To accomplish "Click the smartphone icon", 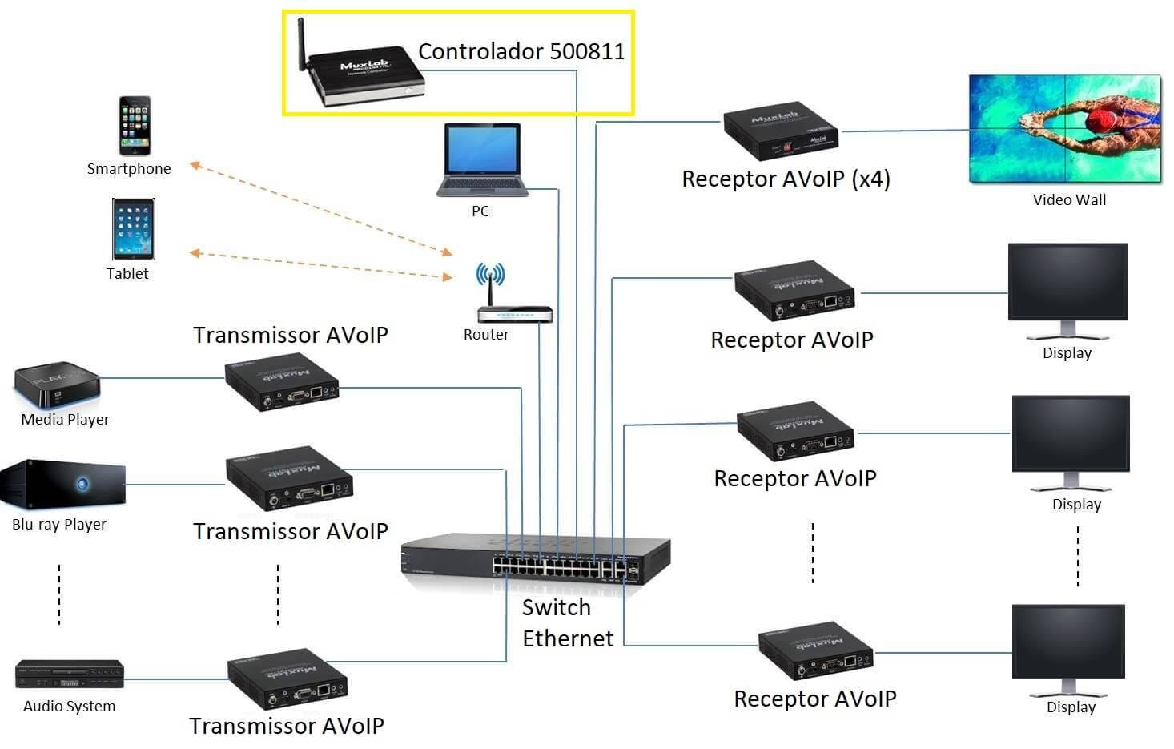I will click(x=135, y=126).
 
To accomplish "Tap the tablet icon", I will click(x=133, y=229).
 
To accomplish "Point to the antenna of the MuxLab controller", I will click(x=301, y=43).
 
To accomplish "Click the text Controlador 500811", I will click(x=521, y=52).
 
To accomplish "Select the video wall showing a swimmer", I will click(x=1064, y=129).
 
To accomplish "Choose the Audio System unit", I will click(x=70, y=674).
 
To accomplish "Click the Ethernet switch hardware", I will click(x=536, y=560).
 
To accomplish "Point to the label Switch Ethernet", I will click(x=567, y=623).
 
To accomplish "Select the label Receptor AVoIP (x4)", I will click(x=786, y=179).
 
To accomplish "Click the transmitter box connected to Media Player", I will click(x=281, y=383).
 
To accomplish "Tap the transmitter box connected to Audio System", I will click(x=287, y=679).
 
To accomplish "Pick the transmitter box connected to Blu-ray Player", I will click(x=289, y=478).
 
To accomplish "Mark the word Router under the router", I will click(x=486, y=335).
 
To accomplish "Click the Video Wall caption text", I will click(x=1069, y=200).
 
